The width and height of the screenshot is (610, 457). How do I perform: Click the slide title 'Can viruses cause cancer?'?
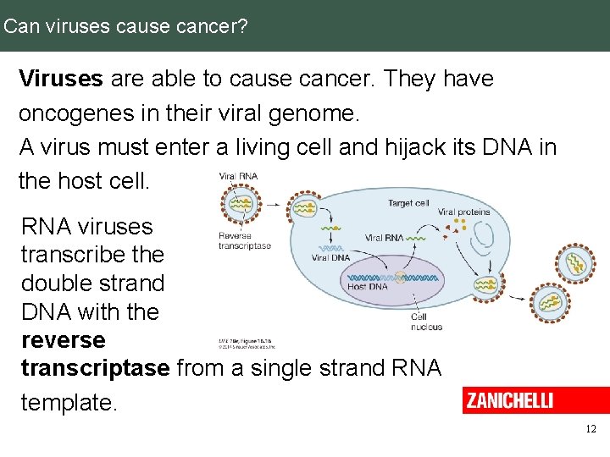[x=125, y=25]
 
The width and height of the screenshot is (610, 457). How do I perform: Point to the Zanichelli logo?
[x=508, y=400]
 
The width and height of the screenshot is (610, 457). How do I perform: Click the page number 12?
[x=591, y=429]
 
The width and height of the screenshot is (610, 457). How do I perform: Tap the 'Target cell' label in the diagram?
[x=409, y=203]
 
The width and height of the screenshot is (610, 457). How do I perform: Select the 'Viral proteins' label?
[x=463, y=212]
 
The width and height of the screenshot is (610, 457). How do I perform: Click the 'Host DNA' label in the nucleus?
[x=368, y=286]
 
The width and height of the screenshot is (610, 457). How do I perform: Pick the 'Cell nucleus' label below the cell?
[x=426, y=322]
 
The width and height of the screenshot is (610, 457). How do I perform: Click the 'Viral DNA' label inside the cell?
[x=330, y=257]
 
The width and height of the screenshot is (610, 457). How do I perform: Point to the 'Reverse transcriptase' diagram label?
[x=245, y=240]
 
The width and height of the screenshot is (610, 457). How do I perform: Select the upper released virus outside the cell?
[x=575, y=263]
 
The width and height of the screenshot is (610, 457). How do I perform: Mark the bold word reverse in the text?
[x=64, y=340]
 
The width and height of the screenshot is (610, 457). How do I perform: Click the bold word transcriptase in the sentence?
[x=95, y=368]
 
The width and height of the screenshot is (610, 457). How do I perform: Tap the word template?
[x=68, y=403]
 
